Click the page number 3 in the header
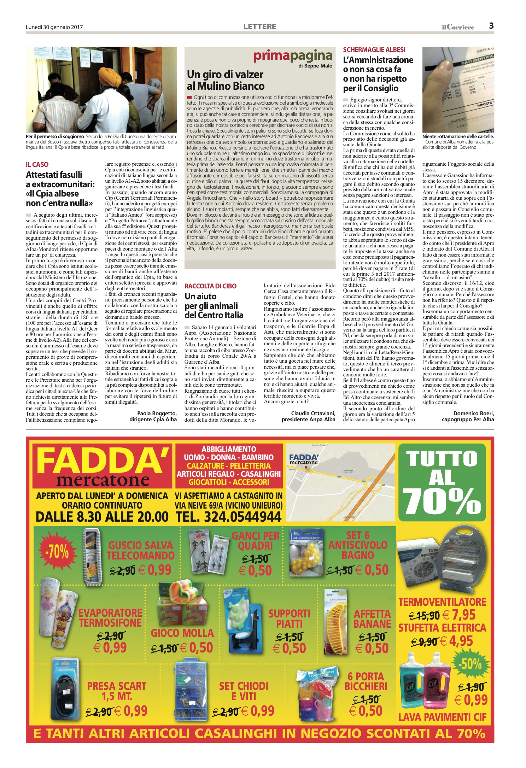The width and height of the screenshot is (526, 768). click(491, 26)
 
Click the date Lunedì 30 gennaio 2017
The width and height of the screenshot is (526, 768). click(54, 27)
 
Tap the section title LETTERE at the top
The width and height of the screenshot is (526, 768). click(260, 27)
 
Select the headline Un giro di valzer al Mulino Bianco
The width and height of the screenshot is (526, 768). click(225, 80)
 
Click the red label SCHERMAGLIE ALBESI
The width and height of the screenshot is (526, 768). click(374, 50)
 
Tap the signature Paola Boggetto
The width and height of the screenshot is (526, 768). click(157, 413)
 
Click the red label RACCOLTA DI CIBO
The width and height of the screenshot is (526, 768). click(210, 286)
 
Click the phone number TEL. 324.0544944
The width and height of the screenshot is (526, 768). click(229, 516)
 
